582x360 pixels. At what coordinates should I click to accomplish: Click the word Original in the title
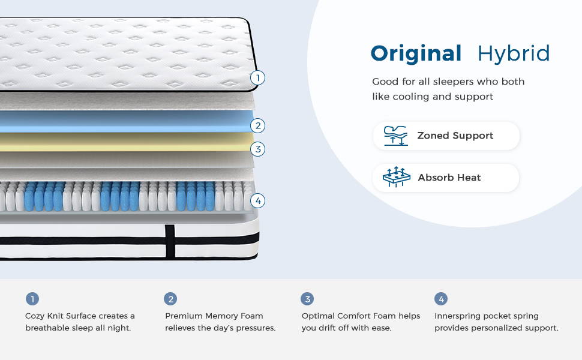coord(416,54)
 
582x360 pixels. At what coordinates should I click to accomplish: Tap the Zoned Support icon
coord(395,136)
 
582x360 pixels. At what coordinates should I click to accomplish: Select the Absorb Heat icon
coord(397,177)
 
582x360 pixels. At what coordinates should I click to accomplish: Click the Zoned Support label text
coord(455,136)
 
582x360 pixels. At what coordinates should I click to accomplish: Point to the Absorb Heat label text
coord(449,178)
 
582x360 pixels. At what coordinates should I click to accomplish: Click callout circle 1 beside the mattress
coord(257,78)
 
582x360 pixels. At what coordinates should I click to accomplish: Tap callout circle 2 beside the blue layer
coord(257,125)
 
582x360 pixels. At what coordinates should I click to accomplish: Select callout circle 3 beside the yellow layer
coord(257,149)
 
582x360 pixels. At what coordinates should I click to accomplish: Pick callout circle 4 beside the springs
coord(257,201)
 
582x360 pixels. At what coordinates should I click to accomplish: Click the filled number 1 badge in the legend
coord(32,299)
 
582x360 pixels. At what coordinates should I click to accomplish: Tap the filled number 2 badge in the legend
coord(170,299)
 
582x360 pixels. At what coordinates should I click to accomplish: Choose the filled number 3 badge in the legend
coord(307,299)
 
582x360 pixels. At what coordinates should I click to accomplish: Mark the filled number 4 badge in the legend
coord(441,299)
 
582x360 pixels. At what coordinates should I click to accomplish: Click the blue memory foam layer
coord(126,121)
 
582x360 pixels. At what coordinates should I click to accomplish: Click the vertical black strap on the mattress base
coord(170,242)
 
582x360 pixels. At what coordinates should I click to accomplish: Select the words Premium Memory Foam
coord(214,316)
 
